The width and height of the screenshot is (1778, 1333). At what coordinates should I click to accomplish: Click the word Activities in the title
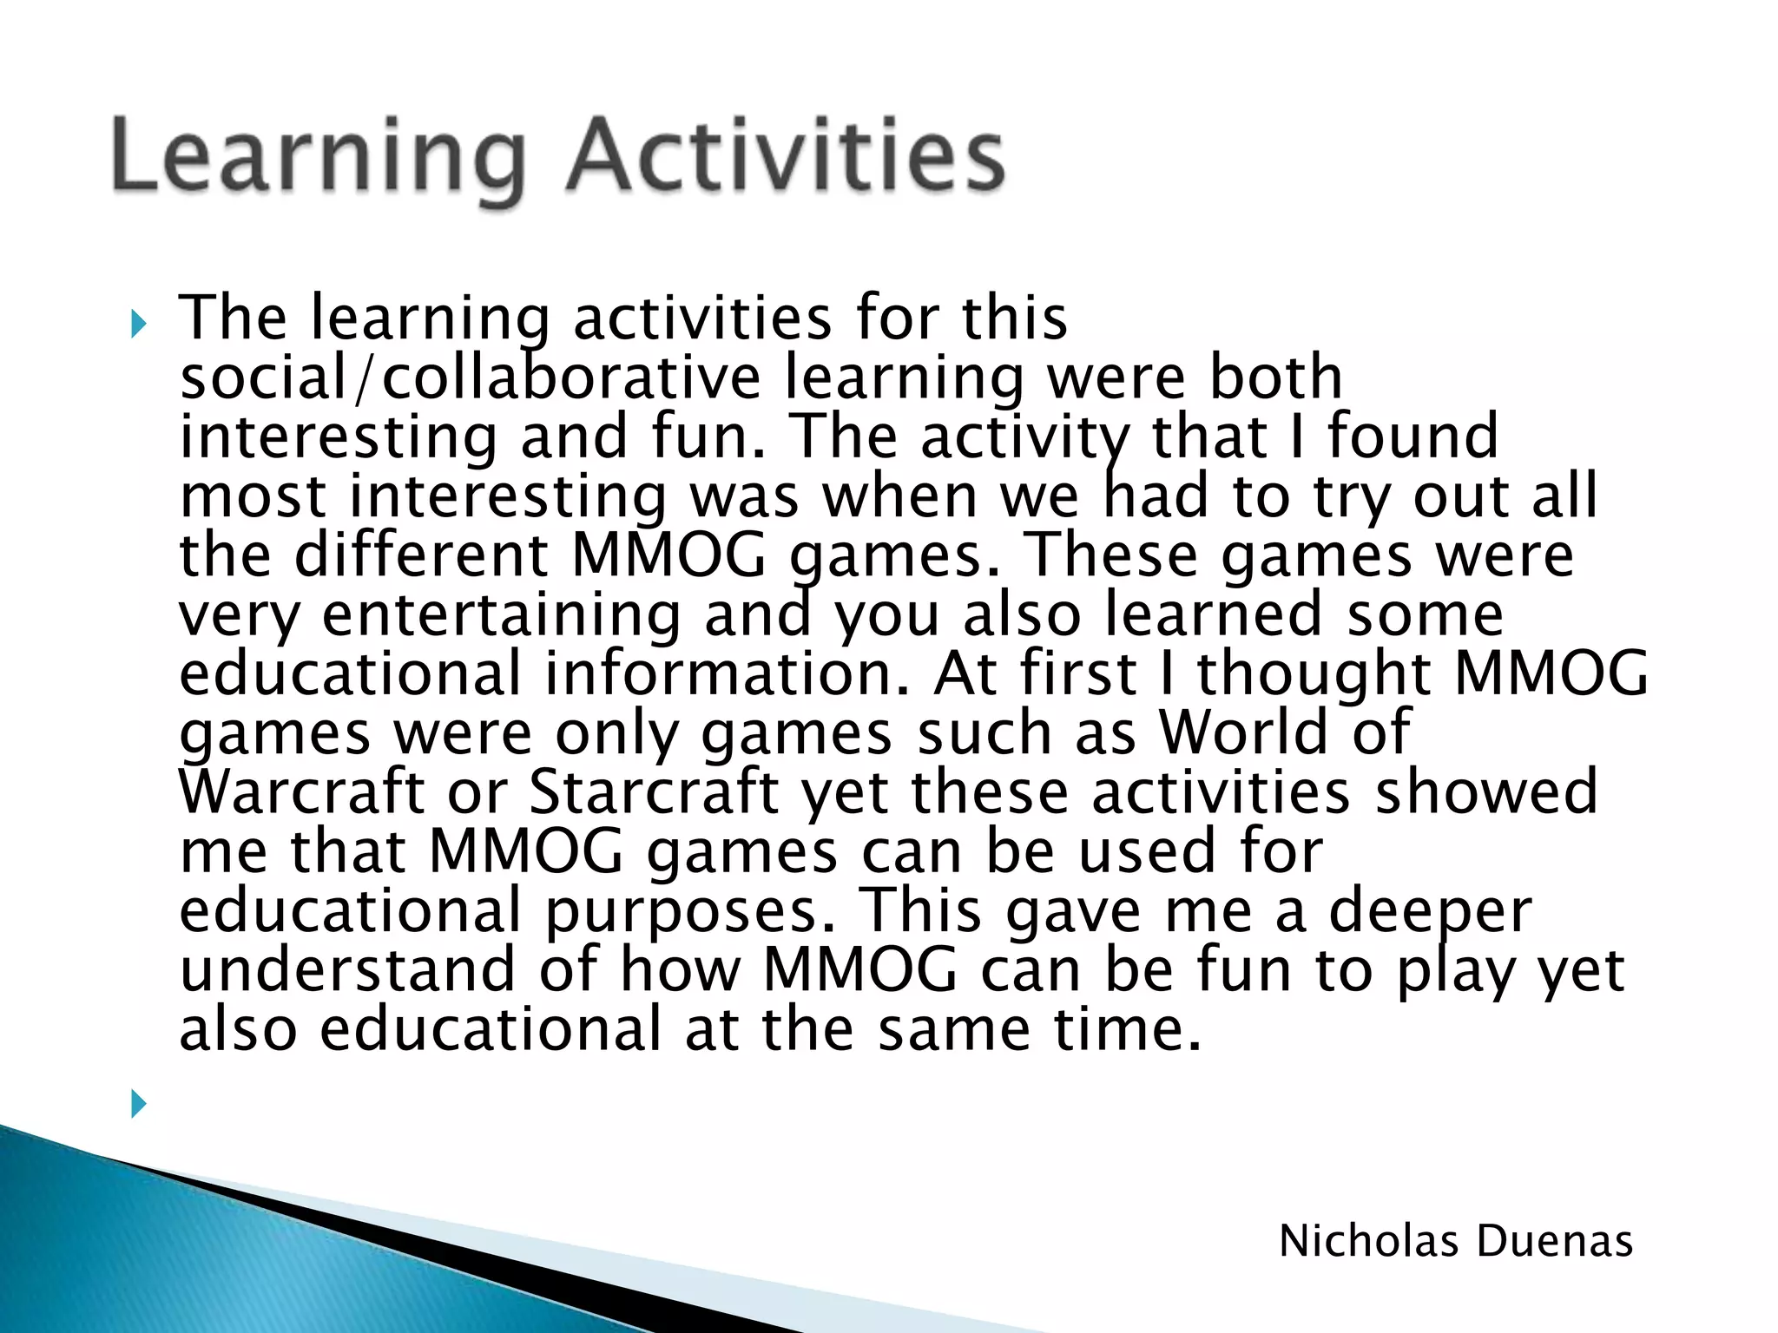click(x=786, y=156)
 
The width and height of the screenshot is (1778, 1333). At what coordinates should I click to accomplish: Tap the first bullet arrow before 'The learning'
click(x=138, y=325)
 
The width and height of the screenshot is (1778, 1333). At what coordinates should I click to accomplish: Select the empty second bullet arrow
click(x=138, y=1105)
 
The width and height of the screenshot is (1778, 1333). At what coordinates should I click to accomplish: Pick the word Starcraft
click(x=654, y=791)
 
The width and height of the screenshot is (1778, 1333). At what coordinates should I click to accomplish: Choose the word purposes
click(x=682, y=911)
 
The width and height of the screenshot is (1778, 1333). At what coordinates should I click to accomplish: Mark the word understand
click(x=347, y=969)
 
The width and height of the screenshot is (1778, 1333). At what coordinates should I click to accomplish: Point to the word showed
click(x=1485, y=791)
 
